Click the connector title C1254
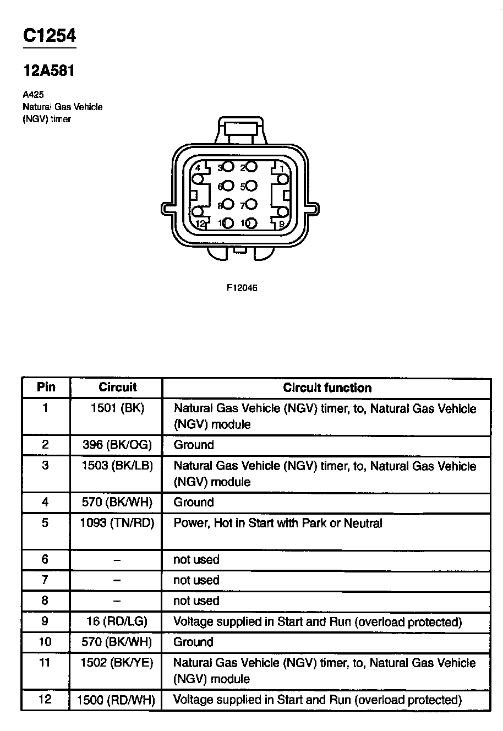click(49, 36)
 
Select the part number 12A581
click(48, 71)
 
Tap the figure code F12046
click(242, 287)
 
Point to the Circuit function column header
click(327, 388)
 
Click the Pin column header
click(46, 387)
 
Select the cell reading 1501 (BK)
click(117, 409)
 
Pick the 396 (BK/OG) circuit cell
click(117, 445)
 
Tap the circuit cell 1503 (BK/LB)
click(117, 466)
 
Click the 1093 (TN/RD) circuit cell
click(117, 523)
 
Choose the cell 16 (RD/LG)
click(117, 621)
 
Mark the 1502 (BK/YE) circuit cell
click(117, 663)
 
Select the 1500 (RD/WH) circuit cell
click(117, 700)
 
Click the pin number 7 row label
click(45, 580)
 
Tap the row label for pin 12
click(45, 700)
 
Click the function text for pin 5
click(277, 523)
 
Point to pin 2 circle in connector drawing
click(251, 166)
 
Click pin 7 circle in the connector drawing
click(251, 204)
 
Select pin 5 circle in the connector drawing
click(251, 186)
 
